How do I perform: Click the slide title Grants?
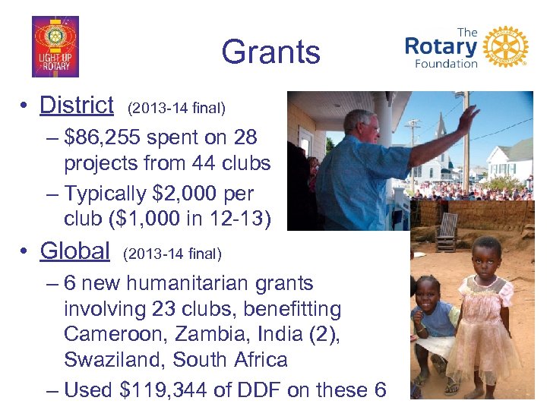coord(270,52)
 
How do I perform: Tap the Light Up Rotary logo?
coord(55,47)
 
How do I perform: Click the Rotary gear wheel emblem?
coord(504,47)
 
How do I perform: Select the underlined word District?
coord(76,105)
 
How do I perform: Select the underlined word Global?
coord(74,250)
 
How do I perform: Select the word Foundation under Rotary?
coord(446,64)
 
